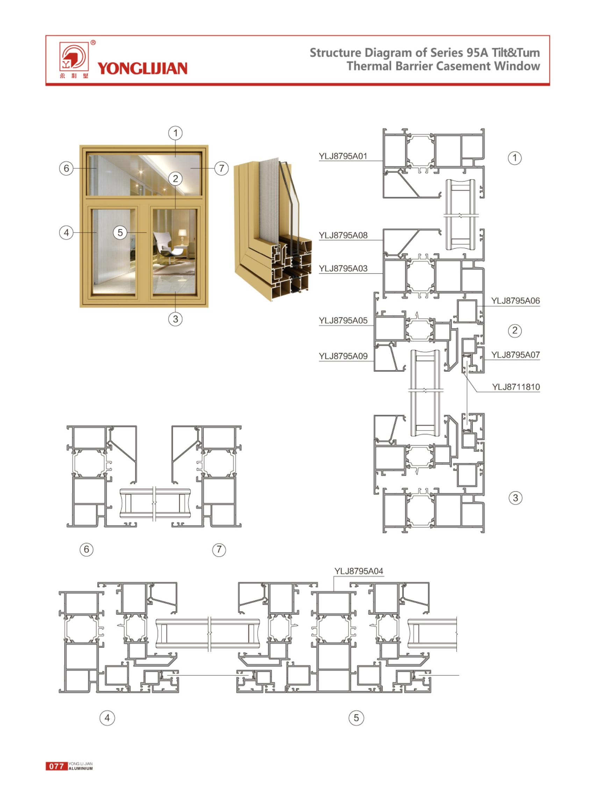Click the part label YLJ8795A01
[343, 156]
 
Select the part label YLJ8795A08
[343, 235]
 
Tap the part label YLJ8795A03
[343, 268]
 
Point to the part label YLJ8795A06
[515, 301]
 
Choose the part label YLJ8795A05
[343, 321]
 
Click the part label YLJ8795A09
[343, 356]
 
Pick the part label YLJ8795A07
[515, 355]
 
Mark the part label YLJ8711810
[516, 387]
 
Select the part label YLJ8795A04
[359, 571]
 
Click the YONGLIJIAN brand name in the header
[142, 68]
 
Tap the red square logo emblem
[74, 57]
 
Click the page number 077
[57, 766]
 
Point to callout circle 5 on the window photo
[120, 233]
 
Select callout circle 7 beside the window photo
[222, 168]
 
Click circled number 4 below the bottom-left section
[107, 718]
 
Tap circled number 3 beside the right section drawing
[515, 498]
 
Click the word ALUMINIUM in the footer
[81, 768]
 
